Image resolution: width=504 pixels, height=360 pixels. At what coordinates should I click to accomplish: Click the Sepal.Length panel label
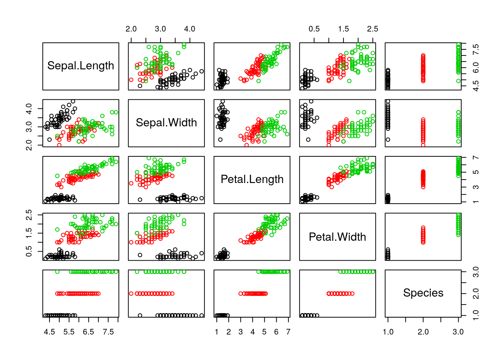81,66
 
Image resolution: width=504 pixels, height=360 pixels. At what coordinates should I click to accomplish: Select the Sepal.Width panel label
166,123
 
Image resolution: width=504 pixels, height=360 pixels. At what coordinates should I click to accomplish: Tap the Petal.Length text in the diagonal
252,179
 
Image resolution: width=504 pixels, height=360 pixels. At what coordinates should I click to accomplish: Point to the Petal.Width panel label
337,237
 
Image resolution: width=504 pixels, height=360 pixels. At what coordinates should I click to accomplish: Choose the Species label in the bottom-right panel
423,293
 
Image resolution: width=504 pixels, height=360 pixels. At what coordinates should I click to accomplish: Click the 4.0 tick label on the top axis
190,29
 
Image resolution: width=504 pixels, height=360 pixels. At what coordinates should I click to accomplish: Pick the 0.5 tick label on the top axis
314,29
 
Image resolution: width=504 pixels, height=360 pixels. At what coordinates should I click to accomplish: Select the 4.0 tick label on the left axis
29,109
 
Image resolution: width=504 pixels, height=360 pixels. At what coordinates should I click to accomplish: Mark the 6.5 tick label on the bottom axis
88,332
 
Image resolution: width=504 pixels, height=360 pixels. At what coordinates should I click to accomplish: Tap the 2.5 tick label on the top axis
372,29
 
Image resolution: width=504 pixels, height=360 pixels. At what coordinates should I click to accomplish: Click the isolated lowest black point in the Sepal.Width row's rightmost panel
388,139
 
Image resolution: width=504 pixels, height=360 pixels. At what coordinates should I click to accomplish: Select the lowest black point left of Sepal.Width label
49,139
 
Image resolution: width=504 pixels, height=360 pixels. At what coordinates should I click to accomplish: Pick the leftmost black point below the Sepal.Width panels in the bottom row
140,315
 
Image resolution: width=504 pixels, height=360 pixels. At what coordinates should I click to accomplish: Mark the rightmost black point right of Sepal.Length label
201,71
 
